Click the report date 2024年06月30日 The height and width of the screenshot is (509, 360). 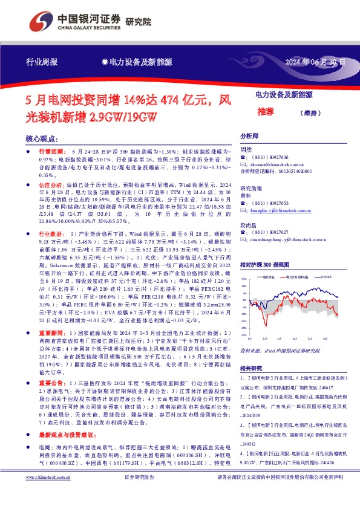(x=316, y=62)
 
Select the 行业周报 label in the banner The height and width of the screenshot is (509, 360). (x=42, y=62)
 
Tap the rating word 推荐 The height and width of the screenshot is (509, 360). (x=265, y=112)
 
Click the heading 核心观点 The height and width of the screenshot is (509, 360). (x=42, y=138)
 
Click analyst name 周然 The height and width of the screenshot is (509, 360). (x=246, y=149)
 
